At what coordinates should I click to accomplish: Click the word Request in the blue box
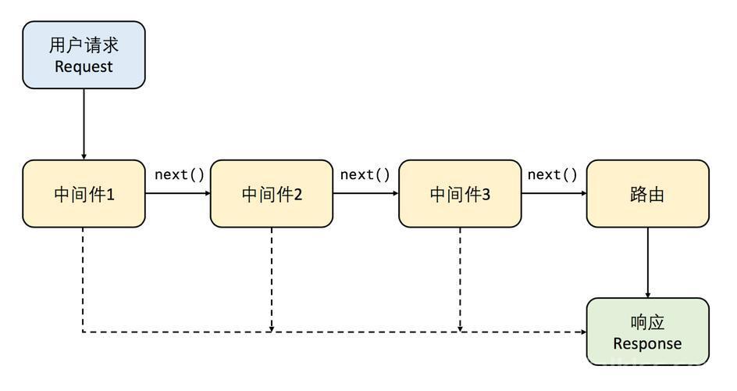coord(84,66)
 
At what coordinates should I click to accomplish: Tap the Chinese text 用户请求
coord(84,45)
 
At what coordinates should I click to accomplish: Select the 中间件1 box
coord(84,193)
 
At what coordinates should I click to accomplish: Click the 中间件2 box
coord(272,193)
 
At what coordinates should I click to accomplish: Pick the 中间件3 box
coord(460,193)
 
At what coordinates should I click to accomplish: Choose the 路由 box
coord(648,193)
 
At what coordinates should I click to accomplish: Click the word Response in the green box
coord(647,344)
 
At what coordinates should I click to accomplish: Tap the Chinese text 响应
coord(647,323)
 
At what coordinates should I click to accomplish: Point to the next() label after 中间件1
coord(179,174)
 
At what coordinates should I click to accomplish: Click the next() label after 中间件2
coord(365,174)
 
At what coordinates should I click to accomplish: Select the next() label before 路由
coord(552,174)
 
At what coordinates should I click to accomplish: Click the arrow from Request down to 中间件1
coord(84,124)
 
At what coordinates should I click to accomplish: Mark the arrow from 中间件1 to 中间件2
coord(178,193)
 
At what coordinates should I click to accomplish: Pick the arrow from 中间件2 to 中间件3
coord(365,193)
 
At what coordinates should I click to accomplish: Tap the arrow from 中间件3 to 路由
coord(554,193)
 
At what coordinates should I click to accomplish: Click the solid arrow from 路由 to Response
coord(648,263)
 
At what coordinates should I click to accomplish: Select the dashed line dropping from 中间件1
coord(84,279)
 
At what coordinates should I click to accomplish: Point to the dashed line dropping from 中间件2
coord(272,279)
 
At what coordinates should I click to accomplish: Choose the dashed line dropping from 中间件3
coord(460,279)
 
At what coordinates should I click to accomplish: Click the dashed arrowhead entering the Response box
coord(584,332)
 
